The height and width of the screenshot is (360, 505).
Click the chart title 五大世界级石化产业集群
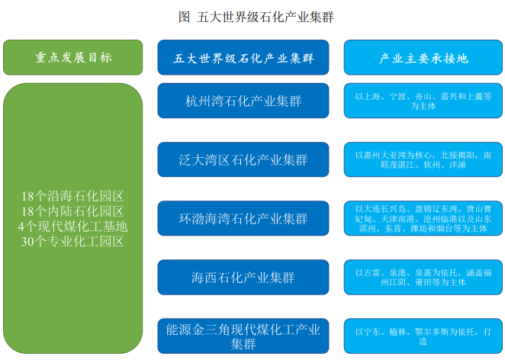point(265,17)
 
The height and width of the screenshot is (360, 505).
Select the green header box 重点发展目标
point(72,57)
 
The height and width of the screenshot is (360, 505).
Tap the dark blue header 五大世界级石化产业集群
point(243,57)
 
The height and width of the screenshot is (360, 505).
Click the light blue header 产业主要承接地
point(423,57)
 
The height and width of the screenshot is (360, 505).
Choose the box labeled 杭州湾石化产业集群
point(243,101)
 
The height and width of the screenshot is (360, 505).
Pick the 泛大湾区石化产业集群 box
point(243,159)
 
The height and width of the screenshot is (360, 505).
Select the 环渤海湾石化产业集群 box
point(243,218)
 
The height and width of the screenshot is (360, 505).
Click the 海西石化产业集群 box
point(243,277)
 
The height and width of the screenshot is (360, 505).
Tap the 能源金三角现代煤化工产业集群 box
point(243,336)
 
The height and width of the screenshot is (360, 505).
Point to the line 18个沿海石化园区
point(72,196)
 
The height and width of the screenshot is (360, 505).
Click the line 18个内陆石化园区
point(72,211)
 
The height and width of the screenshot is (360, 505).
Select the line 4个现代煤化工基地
point(72,227)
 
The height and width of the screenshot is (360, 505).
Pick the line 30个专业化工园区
point(72,242)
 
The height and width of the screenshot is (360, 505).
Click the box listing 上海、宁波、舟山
point(423,101)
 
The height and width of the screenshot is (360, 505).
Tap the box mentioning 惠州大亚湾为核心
point(423,159)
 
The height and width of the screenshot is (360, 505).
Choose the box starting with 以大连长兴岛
point(423,218)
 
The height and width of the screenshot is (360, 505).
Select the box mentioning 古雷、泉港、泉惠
point(423,277)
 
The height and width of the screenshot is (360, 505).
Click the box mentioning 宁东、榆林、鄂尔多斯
point(423,336)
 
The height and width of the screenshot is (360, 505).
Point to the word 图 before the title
point(184,17)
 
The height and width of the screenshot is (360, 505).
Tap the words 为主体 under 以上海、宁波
point(423,105)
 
